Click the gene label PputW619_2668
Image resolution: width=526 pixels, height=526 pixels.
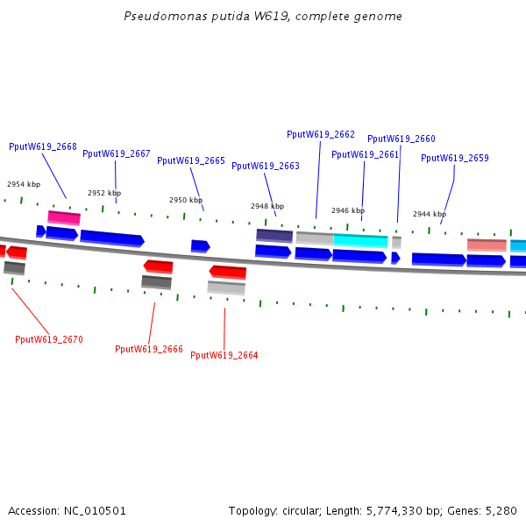click(x=43, y=146)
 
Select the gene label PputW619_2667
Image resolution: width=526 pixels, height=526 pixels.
click(x=117, y=153)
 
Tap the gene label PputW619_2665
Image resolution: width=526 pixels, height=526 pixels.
click(x=191, y=160)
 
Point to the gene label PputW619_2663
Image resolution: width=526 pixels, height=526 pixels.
click(x=266, y=166)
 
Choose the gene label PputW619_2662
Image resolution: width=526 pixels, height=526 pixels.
click(x=321, y=134)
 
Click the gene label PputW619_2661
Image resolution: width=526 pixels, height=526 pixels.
click(x=365, y=154)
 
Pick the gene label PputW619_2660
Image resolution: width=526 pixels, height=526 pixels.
click(x=402, y=139)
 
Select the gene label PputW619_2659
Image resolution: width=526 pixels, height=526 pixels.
click(x=455, y=158)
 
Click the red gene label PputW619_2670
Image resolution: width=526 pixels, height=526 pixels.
click(x=49, y=339)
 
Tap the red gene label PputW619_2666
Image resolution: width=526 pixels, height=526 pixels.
click(x=149, y=349)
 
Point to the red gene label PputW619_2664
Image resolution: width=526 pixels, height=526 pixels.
click(x=224, y=355)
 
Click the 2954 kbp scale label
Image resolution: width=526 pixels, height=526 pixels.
click(x=24, y=184)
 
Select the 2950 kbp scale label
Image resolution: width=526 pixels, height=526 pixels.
click(x=186, y=200)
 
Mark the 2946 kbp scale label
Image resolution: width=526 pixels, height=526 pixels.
click(x=348, y=210)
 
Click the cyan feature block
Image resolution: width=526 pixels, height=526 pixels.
click(x=360, y=240)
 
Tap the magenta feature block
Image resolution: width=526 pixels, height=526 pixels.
click(x=64, y=217)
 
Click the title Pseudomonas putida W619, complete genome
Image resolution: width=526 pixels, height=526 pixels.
click(x=263, y=17)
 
